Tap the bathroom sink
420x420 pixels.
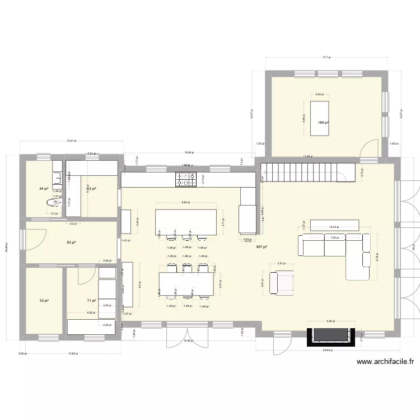[x=57, y=179]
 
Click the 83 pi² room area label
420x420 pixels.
[x=71, y=242]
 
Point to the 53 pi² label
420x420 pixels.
[x=43, y=301]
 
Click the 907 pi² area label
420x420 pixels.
[x=262, y=247]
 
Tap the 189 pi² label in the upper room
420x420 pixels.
[x=323, y=123]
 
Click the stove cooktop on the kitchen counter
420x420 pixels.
[x=186, y=179]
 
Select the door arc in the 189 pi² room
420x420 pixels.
[x=370, y=148]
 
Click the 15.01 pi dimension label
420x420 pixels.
[x=71, y=142]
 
